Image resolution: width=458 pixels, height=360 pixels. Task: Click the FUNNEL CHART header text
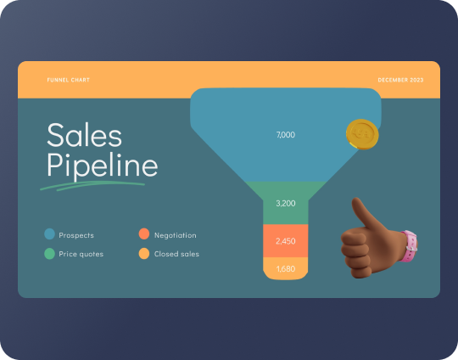pyautogui.click(x=69, y=80)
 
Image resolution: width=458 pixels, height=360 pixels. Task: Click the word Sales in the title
pyautogui.click(x=84, y=136)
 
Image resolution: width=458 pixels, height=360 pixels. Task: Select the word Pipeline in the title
pyautogui.click(x=102, y=165)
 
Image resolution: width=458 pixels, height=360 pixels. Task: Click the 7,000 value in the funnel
pyautogui.click(x=286, y=135)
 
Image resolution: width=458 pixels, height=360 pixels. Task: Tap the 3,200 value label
pyautogui.click(x=286, y=204)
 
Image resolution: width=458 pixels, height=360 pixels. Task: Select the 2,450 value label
pyautogui.click(x=286, y=241)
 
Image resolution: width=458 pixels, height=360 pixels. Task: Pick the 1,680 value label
pyautogui.click(x=286, y=269)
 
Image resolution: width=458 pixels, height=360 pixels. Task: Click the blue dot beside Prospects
pyautogui.click(x=49, y=234)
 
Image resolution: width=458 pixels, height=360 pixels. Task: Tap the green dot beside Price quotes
pyautogui.click(x=49, y=253)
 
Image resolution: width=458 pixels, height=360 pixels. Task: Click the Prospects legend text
pyautogui.click(x=77, y=235)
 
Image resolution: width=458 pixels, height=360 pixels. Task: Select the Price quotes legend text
pyautogui.click(x=81, y=254)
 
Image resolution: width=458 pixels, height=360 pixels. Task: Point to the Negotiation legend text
pyautogui.click(x=175, y=235)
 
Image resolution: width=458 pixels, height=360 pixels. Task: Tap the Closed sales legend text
pyautogui.click(x=176, y=254)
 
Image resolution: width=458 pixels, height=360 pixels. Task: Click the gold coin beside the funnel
pyautogui.click(x=362, y=134)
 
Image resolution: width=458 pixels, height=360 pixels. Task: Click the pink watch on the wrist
pyautogui.click(x=411, y=245)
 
